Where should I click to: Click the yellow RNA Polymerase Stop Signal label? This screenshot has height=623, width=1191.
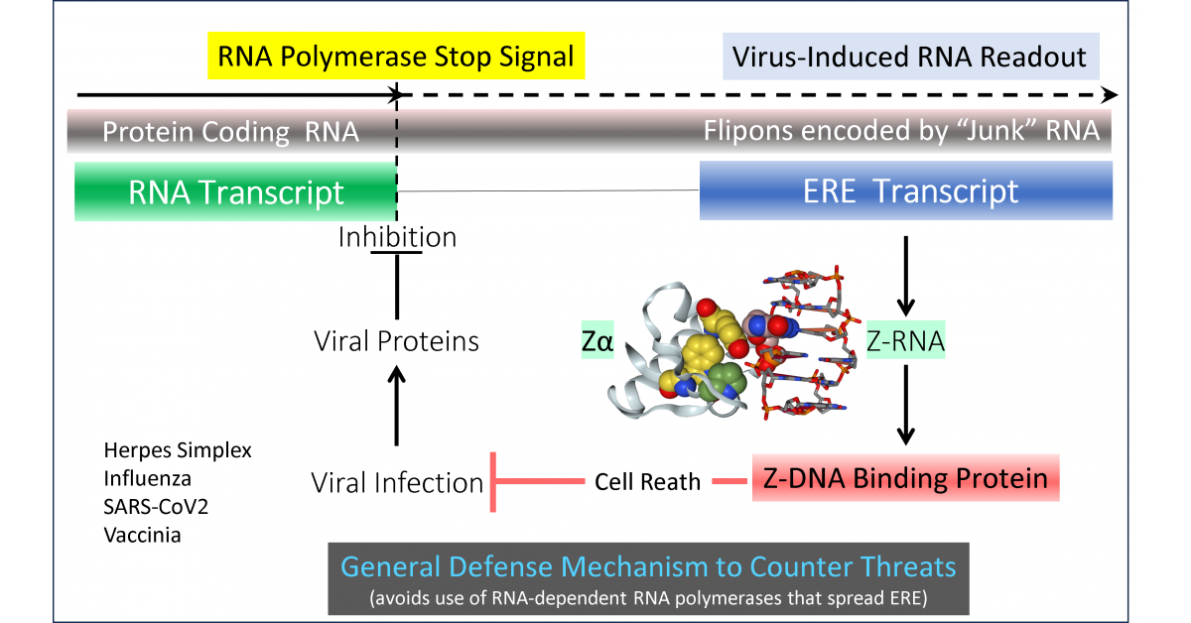click(x=397, y=56)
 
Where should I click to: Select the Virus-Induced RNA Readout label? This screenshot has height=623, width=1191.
click(x=910, y=56)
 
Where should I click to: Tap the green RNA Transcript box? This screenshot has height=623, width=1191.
click(x=235, y=192)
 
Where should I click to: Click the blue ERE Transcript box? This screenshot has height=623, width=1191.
click(x=905, y=191)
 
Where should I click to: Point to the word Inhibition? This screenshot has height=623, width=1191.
click(x=397, y=238)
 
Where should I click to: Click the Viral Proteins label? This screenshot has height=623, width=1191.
click(x=396, y=341)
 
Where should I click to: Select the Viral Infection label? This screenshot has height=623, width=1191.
click(x=396, y=483)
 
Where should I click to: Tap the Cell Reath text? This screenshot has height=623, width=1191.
click(x=648, y=483)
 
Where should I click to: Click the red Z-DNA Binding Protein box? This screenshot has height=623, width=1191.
click(x=905, y=479)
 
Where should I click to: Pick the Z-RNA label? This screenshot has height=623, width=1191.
click(x=905, y=342)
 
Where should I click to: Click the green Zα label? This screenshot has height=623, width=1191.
click(x=599, y=343)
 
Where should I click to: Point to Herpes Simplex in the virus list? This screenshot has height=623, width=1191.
click(x=178, y=450)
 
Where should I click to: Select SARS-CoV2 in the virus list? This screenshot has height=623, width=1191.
click(x=156, y=507)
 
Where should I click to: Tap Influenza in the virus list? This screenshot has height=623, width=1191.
click(x=146, y=479)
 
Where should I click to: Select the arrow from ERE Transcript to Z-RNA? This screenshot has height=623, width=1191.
click(x=905, y=273)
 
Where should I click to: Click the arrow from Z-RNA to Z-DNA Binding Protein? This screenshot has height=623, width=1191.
click(x=905, y=407)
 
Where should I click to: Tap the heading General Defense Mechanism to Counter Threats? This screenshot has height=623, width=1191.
click(x=648, y=567)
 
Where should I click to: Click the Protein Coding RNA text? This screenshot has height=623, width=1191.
click(x=230, y=132)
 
